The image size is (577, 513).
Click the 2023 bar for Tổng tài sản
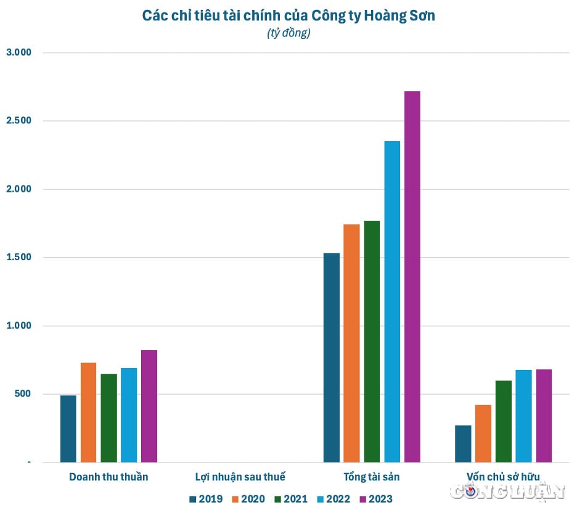pyautogui.click(x=412, y=277)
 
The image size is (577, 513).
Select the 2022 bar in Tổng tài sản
pyautogui.click(x=392, y=302)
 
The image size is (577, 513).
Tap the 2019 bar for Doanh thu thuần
pyautogui.click(x=68, y=429)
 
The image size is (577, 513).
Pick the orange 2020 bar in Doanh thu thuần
pyautogui.click(x=89, y=412)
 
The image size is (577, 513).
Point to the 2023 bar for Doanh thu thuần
pyautogui.click(x=149, y=406)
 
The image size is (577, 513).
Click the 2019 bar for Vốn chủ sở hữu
pyautogui.click(x=463, y=444)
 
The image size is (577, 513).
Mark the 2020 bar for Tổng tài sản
pyautogui.click(x=351, y=343)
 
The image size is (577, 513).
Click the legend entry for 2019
pyautogui.click(x=207, y=499)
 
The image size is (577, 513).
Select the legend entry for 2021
pyautogui.click(x=290, y=499)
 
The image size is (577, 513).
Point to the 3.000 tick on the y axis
pyautogui.click(x=18, y=53)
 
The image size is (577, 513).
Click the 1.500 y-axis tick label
pyautogui.click(x=18, y=258)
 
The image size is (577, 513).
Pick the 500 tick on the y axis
pyautogui.click(x=22, y=394)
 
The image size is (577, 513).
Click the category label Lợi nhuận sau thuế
pyautogui.click(x=240, y=477)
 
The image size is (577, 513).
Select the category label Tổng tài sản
pyautogui.click(x=372, y=477)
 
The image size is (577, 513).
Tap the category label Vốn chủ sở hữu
pyautogui.click(x=503, y=477)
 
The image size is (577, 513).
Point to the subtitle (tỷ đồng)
pyautogui.click(x=288, y=33)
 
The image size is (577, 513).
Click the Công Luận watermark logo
pyautogui.click(x=507, y=491)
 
